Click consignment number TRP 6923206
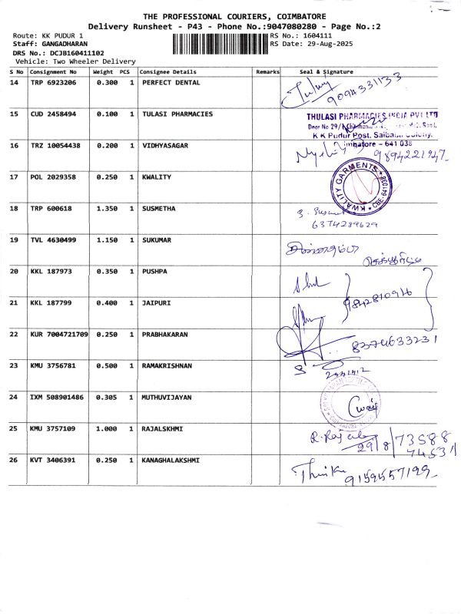(x=53, y=82)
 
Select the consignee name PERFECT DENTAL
(x=171, y=82)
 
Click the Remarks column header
(x=268, y=71)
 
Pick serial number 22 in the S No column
(x=14, y=334)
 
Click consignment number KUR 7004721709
(x=59, y=334)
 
